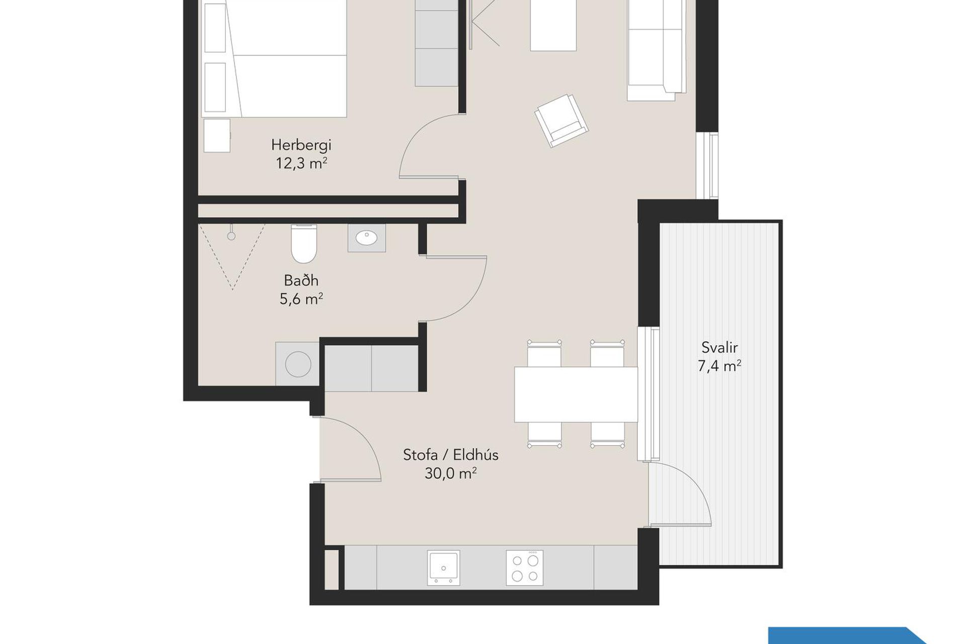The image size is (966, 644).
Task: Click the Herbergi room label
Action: (x=301, y=145)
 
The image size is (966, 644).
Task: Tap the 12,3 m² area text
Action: (x=301, y=164)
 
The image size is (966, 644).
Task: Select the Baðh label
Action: (x=301, y=280)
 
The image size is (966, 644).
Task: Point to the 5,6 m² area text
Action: (x=301, y=299)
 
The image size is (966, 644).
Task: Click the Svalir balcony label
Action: (x=719, y=347)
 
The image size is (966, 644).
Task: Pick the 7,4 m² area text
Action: (x=719, y=366)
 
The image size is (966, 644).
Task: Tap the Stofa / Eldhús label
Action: (x=450, y=455)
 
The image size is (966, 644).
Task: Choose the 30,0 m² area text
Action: (x=450, y=473)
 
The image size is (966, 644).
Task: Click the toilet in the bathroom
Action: (x=304, y=244)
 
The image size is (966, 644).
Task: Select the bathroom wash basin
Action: (x=367, y=238)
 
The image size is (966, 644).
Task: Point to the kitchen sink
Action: (x=443, y=568)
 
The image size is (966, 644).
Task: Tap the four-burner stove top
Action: (x=525, y=568)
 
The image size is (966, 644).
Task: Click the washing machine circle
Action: (x=298, y=363)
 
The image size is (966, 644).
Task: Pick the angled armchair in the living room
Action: (x=561, y=121)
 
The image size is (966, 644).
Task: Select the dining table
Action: (x=576, y=394)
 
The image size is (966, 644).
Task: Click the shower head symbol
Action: (x=231, y=235)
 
